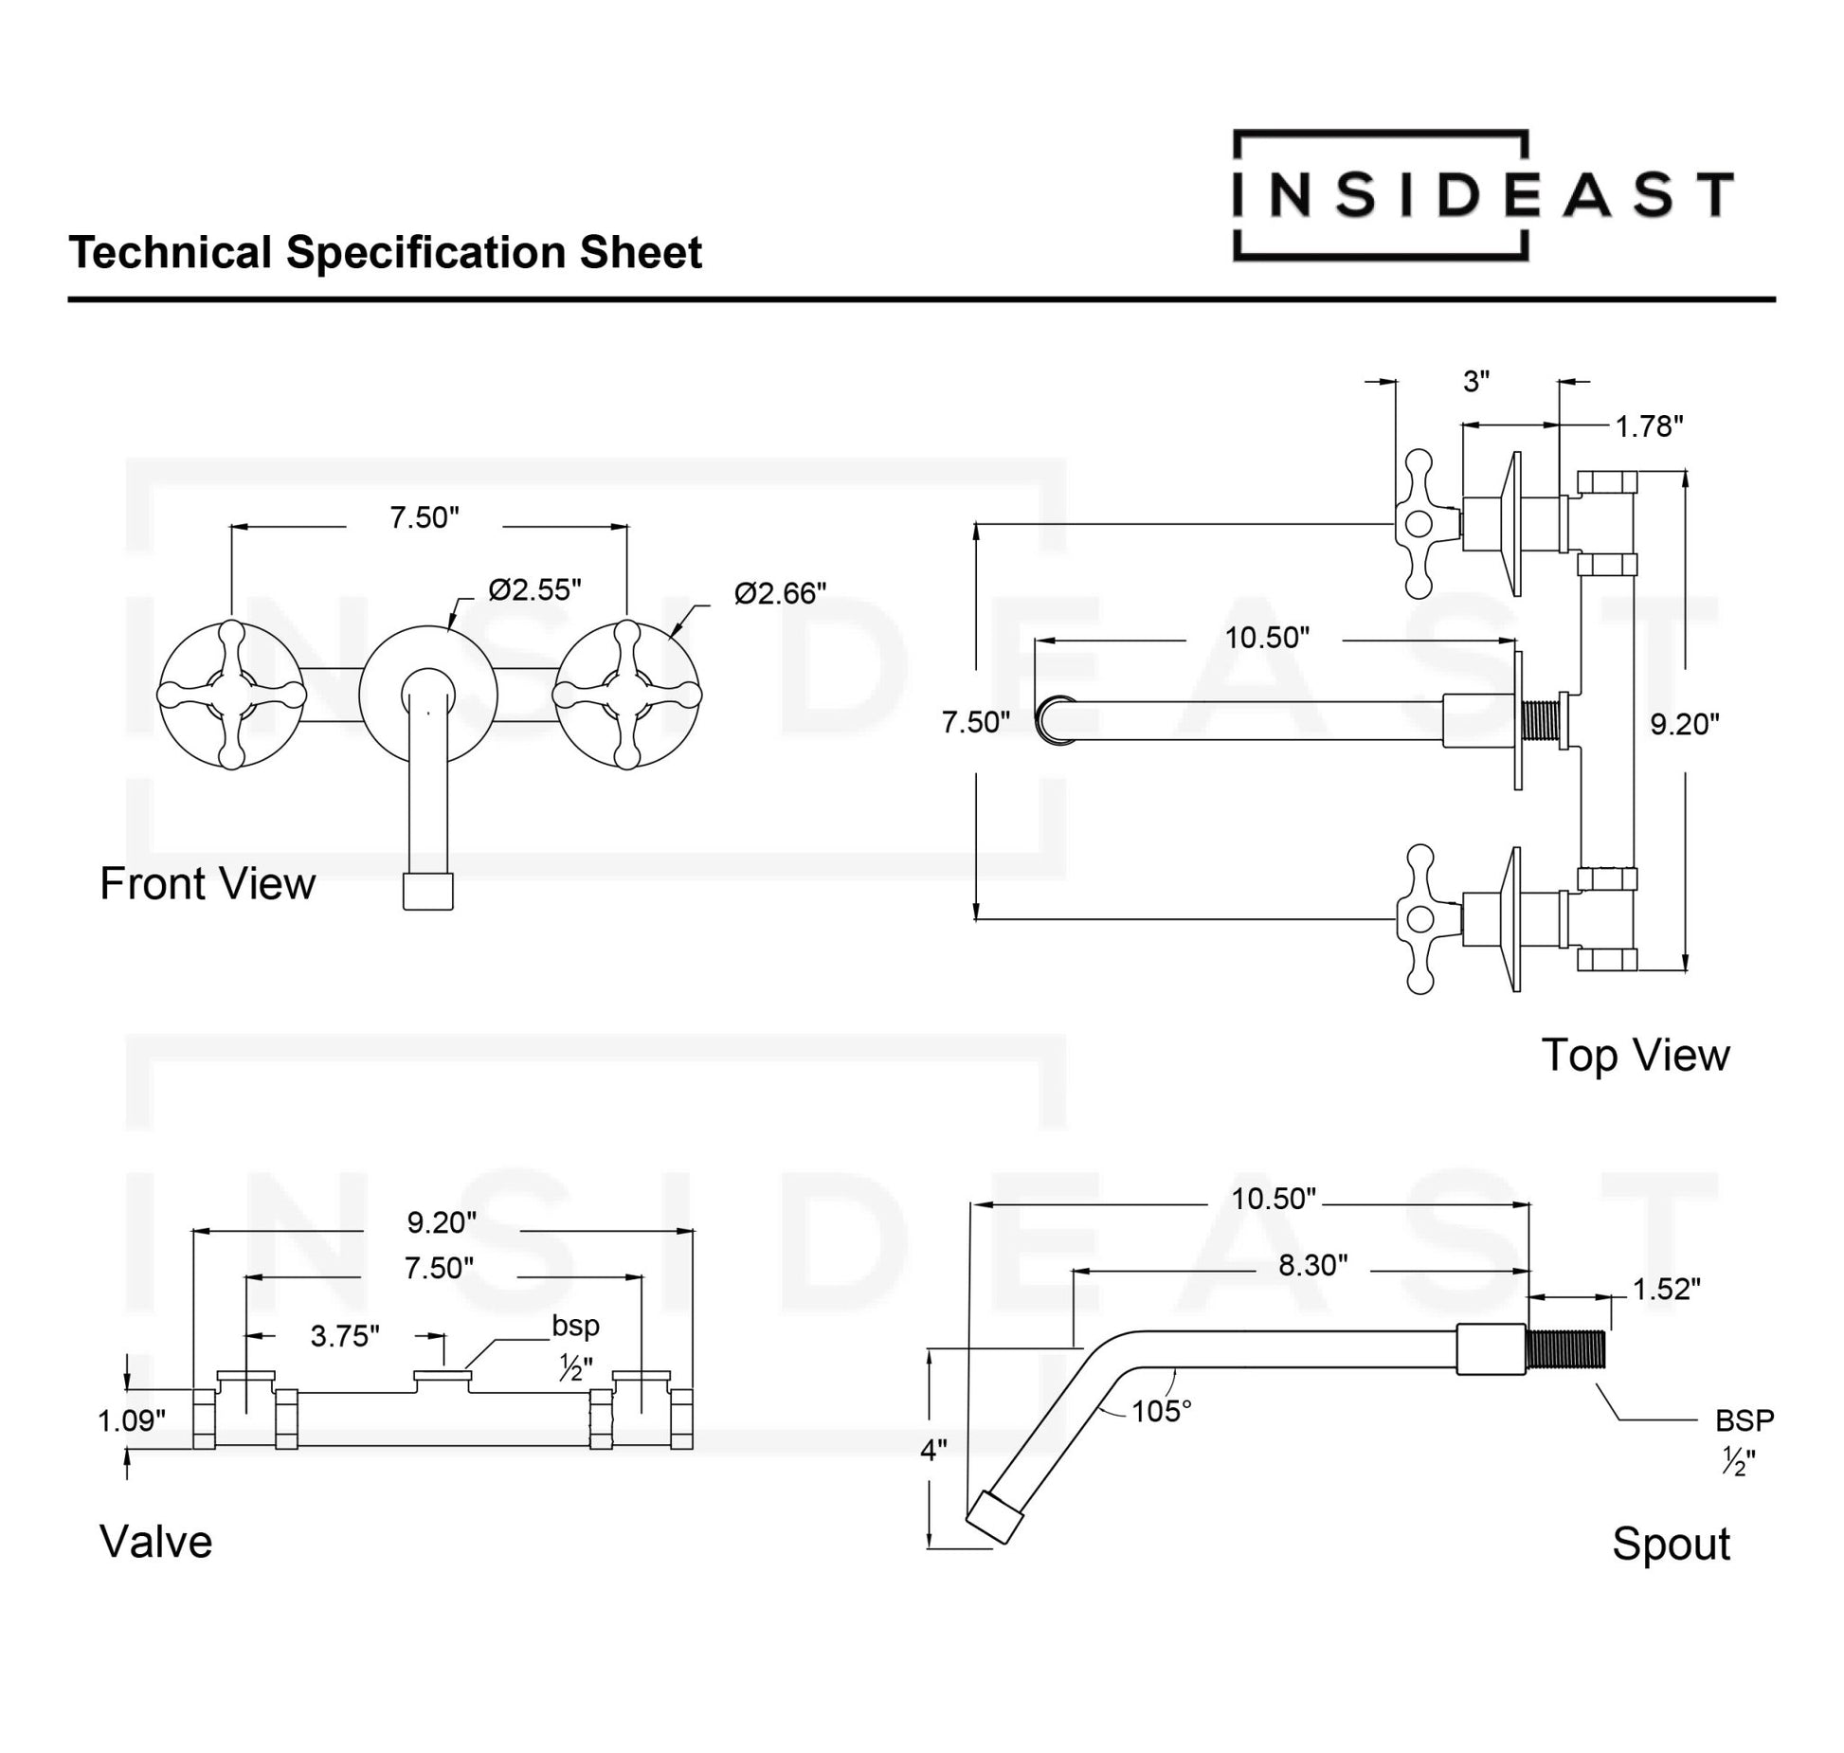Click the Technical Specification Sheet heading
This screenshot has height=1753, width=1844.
[x=385, y=253]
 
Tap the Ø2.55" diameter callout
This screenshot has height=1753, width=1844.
[x=534, y=590]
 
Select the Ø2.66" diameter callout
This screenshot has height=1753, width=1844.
[x=780, y=594]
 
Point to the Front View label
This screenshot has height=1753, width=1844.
[x=208, y=884]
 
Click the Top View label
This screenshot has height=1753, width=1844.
[x=1635, y=1056]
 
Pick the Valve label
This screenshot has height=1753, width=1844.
[x=156, y=1542]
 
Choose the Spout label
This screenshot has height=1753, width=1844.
[x=1671, y=1544]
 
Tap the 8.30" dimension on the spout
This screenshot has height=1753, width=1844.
[x=1312, y=1265]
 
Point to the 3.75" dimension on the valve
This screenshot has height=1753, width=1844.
[x=345, y=1336]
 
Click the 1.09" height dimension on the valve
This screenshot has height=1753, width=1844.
[x=132, y=1421]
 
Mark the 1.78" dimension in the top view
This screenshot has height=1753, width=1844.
[x=1649, y=427]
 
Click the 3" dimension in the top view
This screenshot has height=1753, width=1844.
[x=1476, y=382]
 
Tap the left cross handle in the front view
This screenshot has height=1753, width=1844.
[x=231, y=695]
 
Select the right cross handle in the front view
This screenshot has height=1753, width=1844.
[x=626, y=695]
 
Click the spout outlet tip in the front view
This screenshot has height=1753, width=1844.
[x=427, y=891]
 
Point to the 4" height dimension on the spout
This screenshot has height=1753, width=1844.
[x=933, y=1451]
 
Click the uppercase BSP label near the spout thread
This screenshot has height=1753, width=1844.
[x=1745, y=1420]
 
